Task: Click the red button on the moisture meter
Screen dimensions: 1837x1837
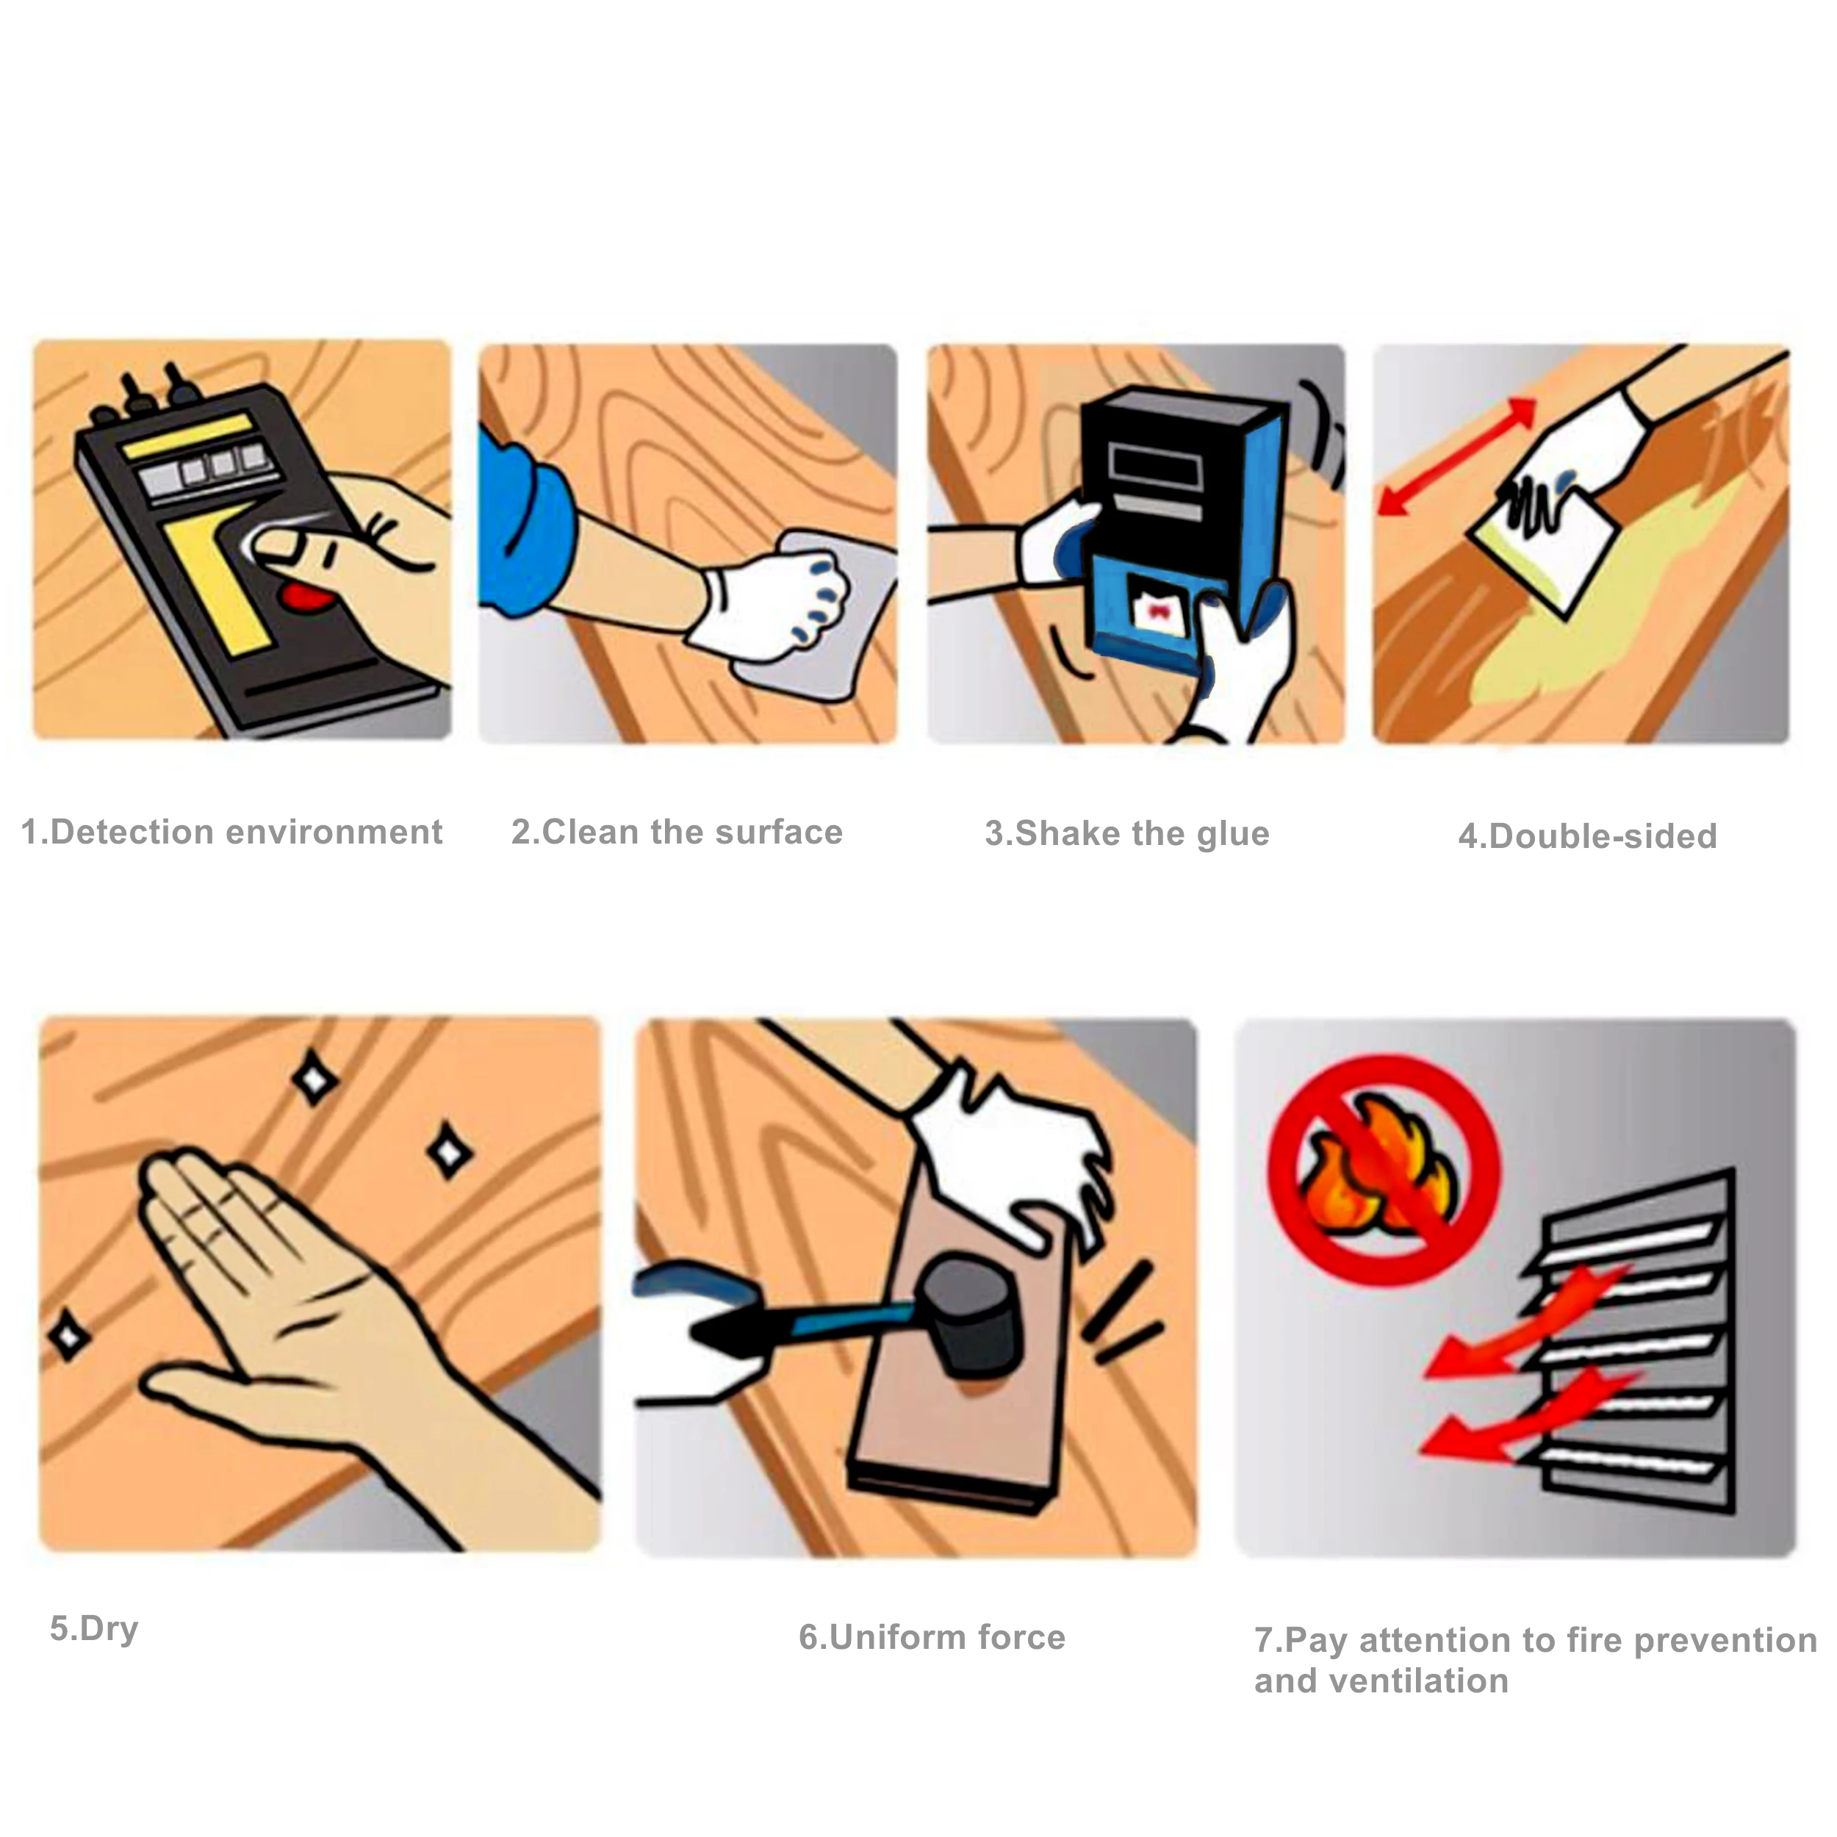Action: (x=309, y=598)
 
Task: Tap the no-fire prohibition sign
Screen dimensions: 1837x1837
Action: (x=1384, y=1171)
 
